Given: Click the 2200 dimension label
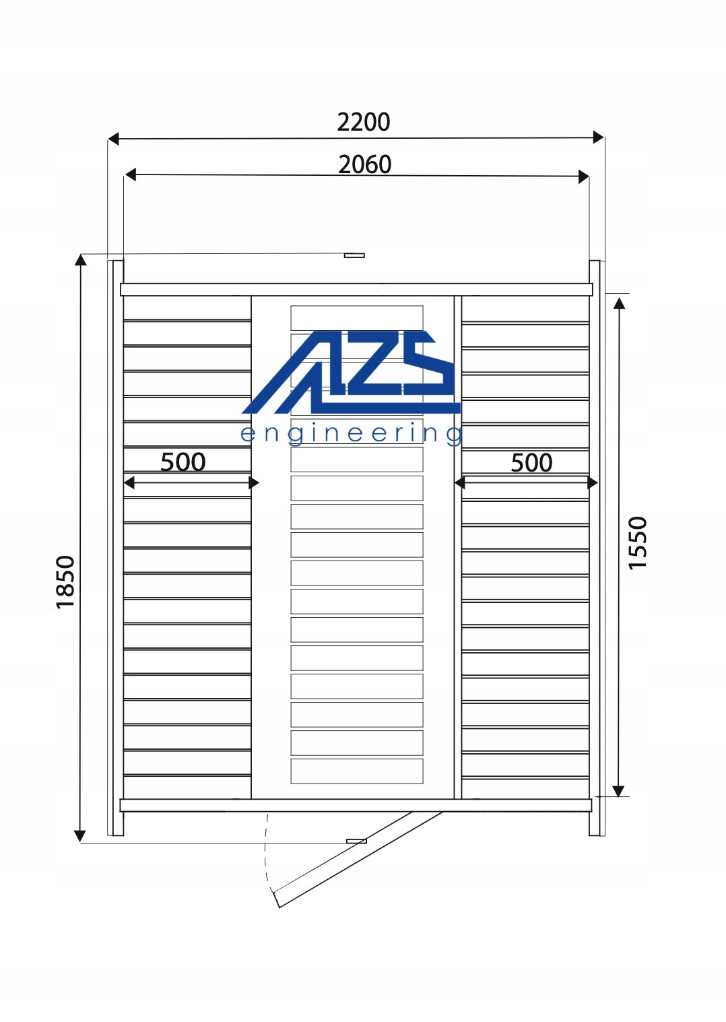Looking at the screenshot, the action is (364, 122).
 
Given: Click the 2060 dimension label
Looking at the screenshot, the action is (365, 164).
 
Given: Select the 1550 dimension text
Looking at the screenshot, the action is (638, 543).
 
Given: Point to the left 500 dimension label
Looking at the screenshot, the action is (183, 462).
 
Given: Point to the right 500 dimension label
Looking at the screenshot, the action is (531, 463).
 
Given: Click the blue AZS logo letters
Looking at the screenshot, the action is (352, 372).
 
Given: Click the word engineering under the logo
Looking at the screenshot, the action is (351, 434).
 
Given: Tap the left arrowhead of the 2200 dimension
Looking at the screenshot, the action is (113, 139).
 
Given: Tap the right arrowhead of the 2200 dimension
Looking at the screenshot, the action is (598, 137).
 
